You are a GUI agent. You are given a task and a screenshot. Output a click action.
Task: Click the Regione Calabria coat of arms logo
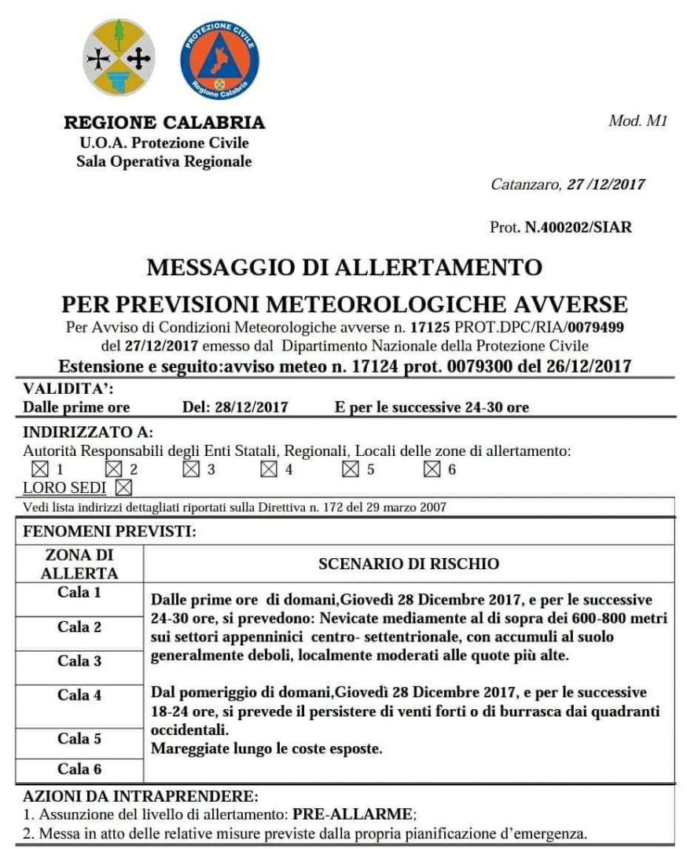point(119,57)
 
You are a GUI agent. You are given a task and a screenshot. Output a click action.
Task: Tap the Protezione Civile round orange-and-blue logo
point(219,60)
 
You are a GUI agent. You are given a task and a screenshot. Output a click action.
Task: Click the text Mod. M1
point(637,121)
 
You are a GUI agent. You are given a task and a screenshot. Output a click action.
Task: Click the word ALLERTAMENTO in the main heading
point(439,267)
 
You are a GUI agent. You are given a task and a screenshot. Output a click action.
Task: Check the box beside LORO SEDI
point(123,488)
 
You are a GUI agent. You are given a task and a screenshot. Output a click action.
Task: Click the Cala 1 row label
point(79,593)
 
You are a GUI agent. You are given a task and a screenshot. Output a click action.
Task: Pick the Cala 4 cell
point(79,695)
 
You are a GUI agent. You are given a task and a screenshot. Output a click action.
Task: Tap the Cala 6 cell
point(79,769)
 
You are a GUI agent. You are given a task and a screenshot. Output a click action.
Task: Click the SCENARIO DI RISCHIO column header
point(409,564)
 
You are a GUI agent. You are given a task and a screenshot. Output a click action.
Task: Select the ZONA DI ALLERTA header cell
point(79,564)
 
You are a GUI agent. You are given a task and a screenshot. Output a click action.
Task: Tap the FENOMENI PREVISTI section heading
point(109,531)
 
